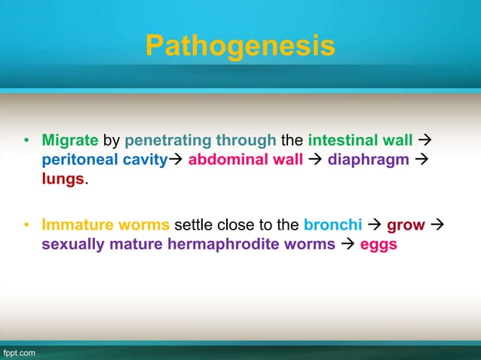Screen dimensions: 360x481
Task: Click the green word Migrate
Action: coord(70,140)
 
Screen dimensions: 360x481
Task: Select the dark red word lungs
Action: coord(63,179)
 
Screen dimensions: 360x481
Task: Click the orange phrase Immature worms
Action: coord(106,225)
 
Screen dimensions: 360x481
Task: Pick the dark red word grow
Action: coord(406,225)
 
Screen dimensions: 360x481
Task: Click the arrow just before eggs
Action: coord(349,245)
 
